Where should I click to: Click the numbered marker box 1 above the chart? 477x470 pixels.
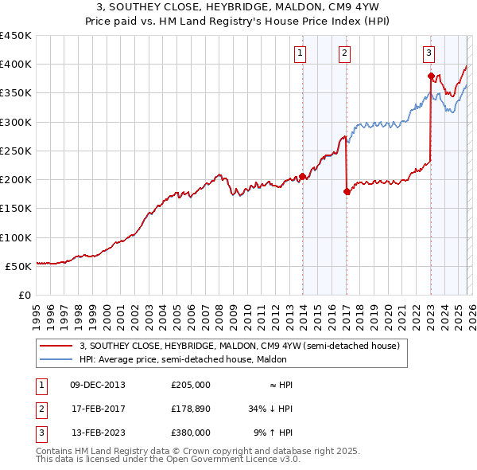click(x=301, y=53)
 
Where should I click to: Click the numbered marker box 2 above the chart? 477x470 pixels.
click(x=345, y=53)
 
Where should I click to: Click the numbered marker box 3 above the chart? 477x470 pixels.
click(x=429, y=53)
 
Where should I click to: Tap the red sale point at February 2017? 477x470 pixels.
click(x=347, y=191)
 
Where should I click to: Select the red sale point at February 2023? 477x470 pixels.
click(x=431, y=76)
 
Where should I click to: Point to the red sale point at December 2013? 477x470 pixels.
click(x=302, y=177)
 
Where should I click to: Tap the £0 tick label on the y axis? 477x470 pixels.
click(x=25, y=296)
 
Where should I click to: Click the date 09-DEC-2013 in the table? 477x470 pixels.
click(x=99, y=385)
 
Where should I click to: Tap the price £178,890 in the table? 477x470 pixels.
click(x=191, y=409)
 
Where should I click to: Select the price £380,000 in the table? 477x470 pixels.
click(x=191, y=433)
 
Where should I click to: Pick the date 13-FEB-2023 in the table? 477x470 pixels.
click(x=99, y=433)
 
